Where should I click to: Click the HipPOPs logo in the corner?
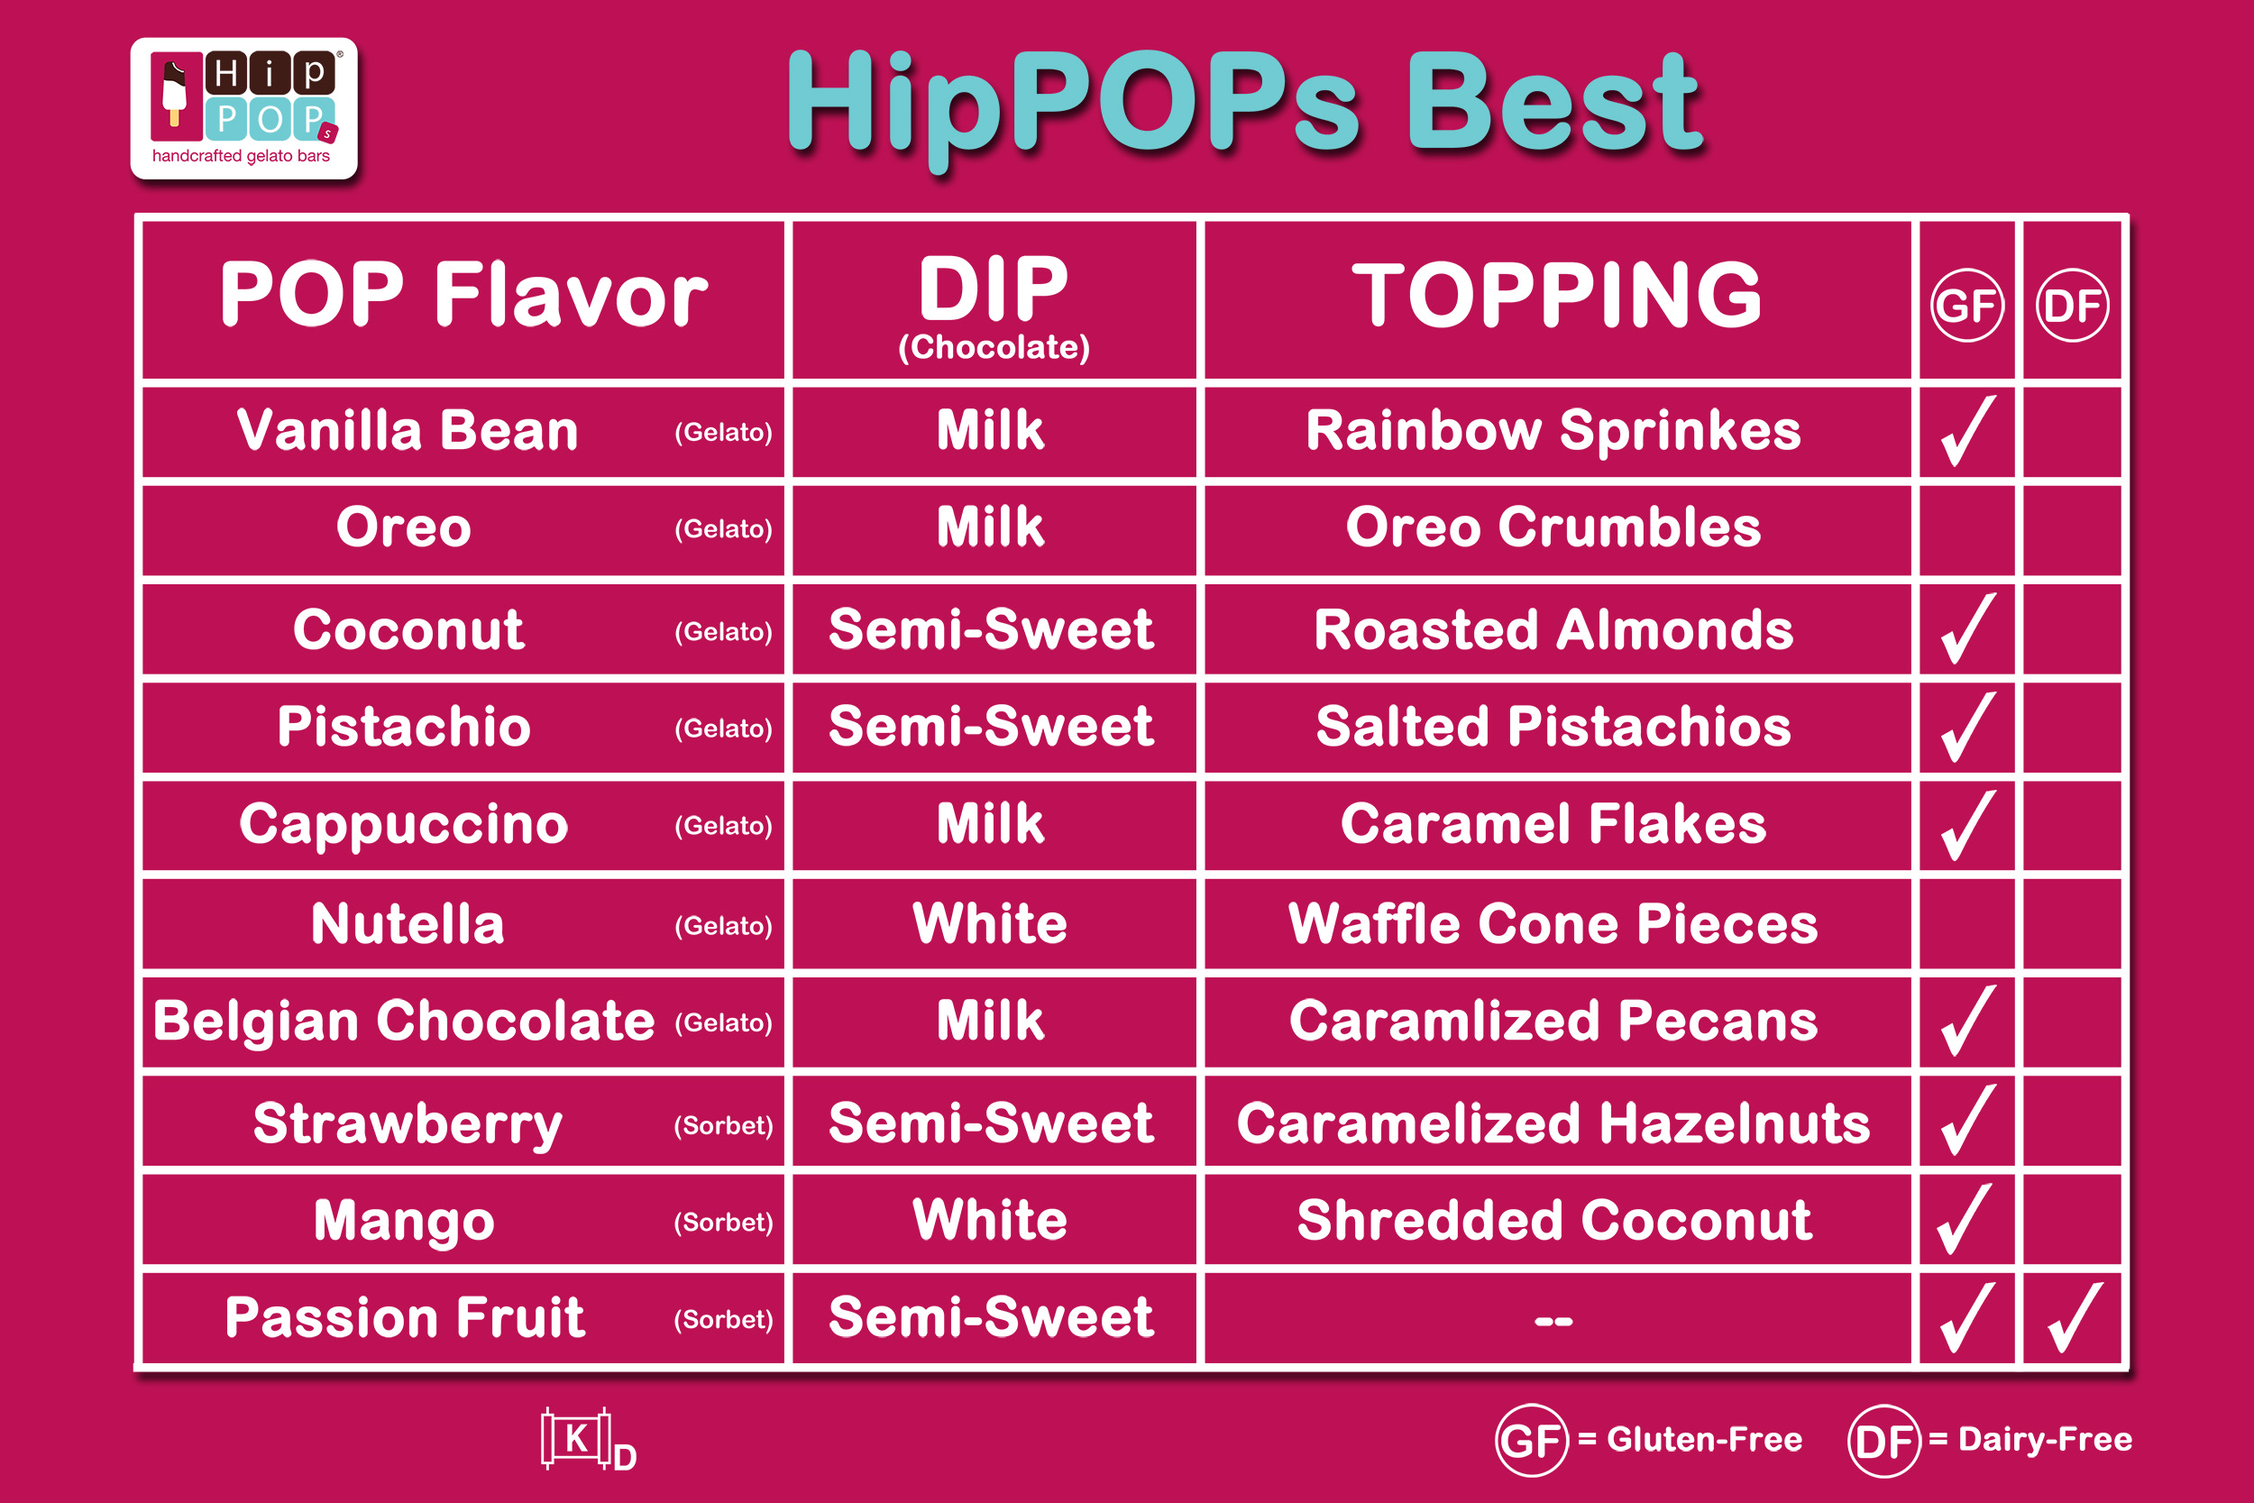244,108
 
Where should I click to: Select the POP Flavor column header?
463,294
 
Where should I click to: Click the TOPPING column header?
1556,294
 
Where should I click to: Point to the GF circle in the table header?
1966,306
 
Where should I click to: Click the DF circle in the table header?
2072,306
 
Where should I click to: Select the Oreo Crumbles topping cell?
1553,527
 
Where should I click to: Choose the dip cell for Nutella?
990,924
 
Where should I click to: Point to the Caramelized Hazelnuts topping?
1553,1123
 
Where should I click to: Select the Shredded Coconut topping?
1553,1220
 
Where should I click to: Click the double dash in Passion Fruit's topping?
1553,1321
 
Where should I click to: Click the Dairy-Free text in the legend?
2045,1440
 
